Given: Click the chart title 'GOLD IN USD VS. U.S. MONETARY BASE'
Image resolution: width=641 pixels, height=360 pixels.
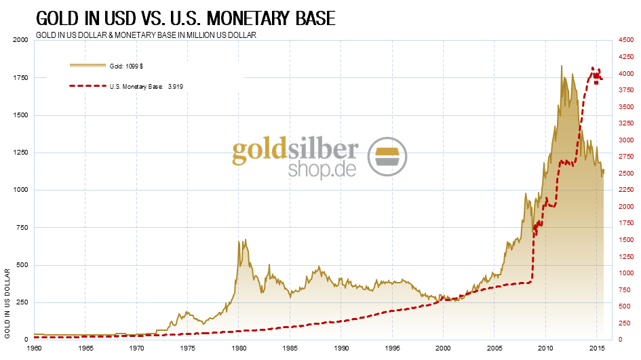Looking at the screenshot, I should click(185, 18).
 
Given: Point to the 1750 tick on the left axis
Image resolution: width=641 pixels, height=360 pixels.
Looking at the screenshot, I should click(21, 78).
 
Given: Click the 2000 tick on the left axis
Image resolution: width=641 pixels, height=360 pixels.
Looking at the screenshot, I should click(21, 40).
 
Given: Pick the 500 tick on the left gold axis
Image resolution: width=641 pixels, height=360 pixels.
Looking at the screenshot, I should click(23, 265).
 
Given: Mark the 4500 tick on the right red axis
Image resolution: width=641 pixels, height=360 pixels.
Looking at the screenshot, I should click(625, 40).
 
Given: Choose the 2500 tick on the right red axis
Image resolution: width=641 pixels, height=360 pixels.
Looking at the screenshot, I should click(625, 174).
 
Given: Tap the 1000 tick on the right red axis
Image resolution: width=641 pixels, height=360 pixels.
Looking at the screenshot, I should click(625, 273).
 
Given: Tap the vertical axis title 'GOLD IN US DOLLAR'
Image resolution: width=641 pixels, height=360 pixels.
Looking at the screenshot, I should click(7, 303).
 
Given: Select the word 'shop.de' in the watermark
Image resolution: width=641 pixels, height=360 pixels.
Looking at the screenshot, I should click(322, 168).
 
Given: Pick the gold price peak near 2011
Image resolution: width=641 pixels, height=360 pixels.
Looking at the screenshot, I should click(562, 66).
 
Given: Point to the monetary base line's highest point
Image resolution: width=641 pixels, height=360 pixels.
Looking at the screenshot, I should click(593, 68).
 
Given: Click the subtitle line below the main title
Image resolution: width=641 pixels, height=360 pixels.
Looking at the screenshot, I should click(146, 35).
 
